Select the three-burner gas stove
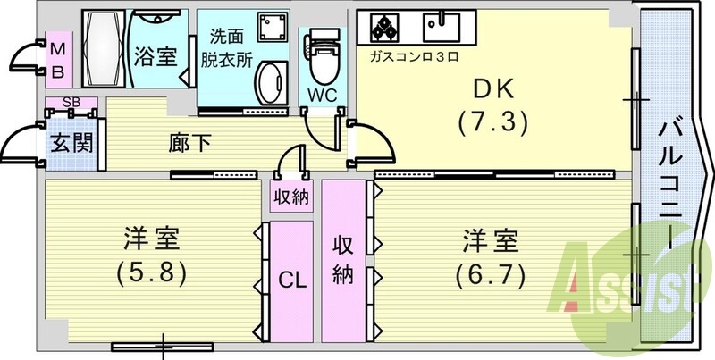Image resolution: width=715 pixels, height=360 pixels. (386, 29)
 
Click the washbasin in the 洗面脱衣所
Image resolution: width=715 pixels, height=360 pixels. (267, 86)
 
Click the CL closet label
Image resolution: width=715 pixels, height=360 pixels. (291, 279)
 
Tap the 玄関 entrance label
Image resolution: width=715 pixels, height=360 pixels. (71, 143)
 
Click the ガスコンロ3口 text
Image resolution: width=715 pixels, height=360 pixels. (408, 56)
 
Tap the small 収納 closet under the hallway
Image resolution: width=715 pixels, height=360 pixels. (291, 197)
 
